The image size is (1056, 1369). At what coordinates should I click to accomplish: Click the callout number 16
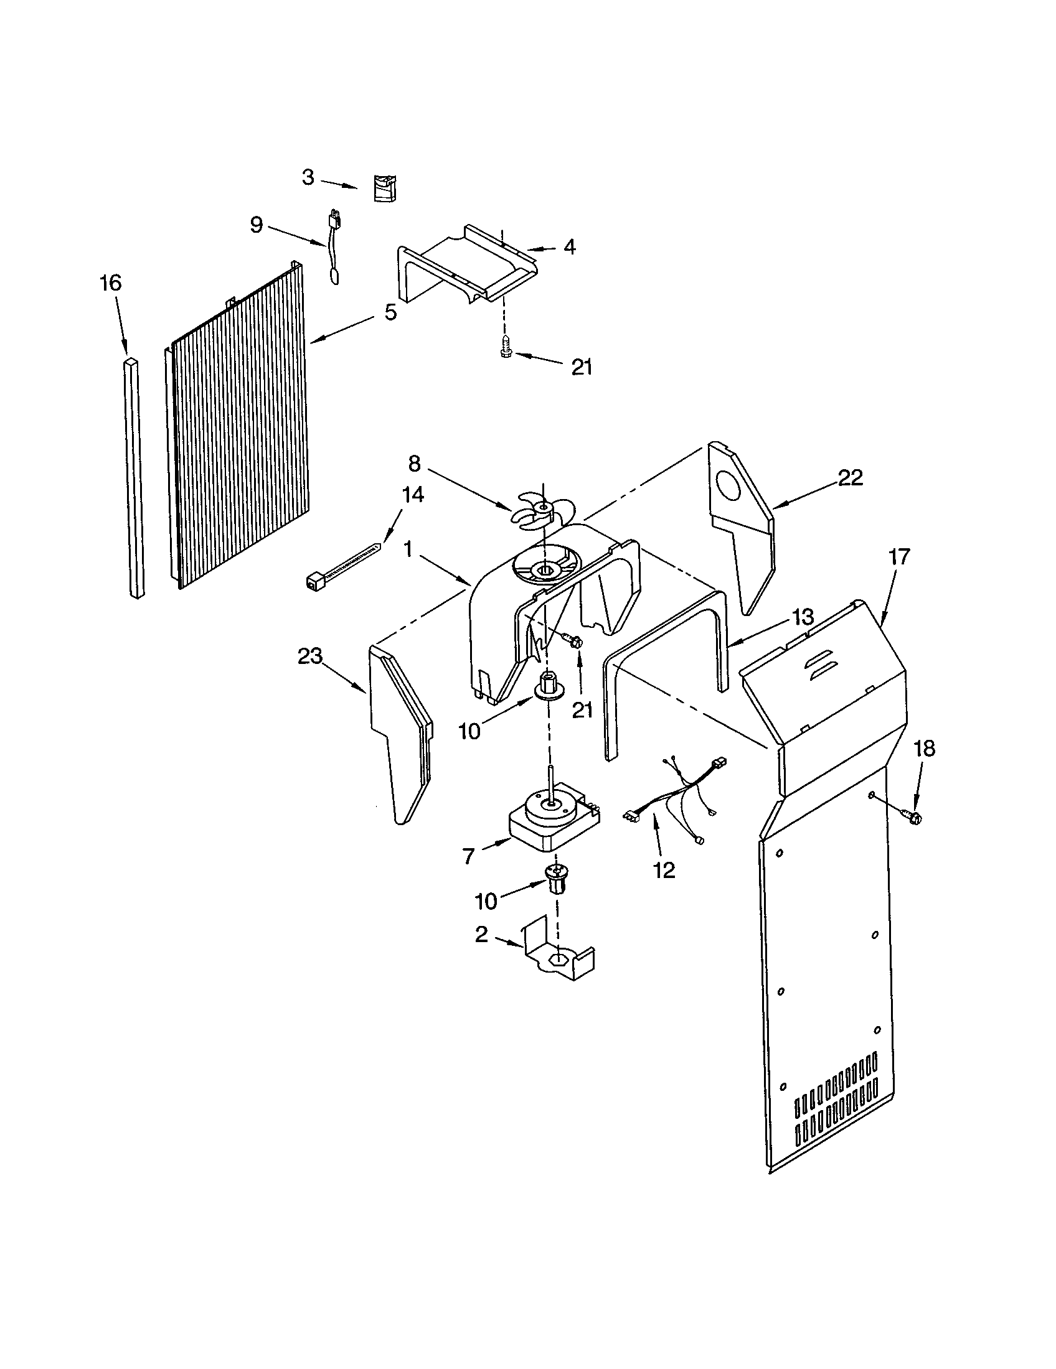pos(110,283)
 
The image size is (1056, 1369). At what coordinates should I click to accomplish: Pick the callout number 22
pos(851,478)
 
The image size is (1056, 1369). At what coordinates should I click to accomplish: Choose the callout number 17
pos(898,556)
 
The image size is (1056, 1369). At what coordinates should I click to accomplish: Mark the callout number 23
pos(310,656)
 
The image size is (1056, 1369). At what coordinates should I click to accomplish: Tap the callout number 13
pos(803,616)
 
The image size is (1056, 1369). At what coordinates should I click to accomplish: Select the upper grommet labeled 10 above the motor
pos(547,684)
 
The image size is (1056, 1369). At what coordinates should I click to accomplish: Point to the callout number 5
pos(390,312)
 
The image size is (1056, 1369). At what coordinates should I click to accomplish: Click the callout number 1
pos(408,549)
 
